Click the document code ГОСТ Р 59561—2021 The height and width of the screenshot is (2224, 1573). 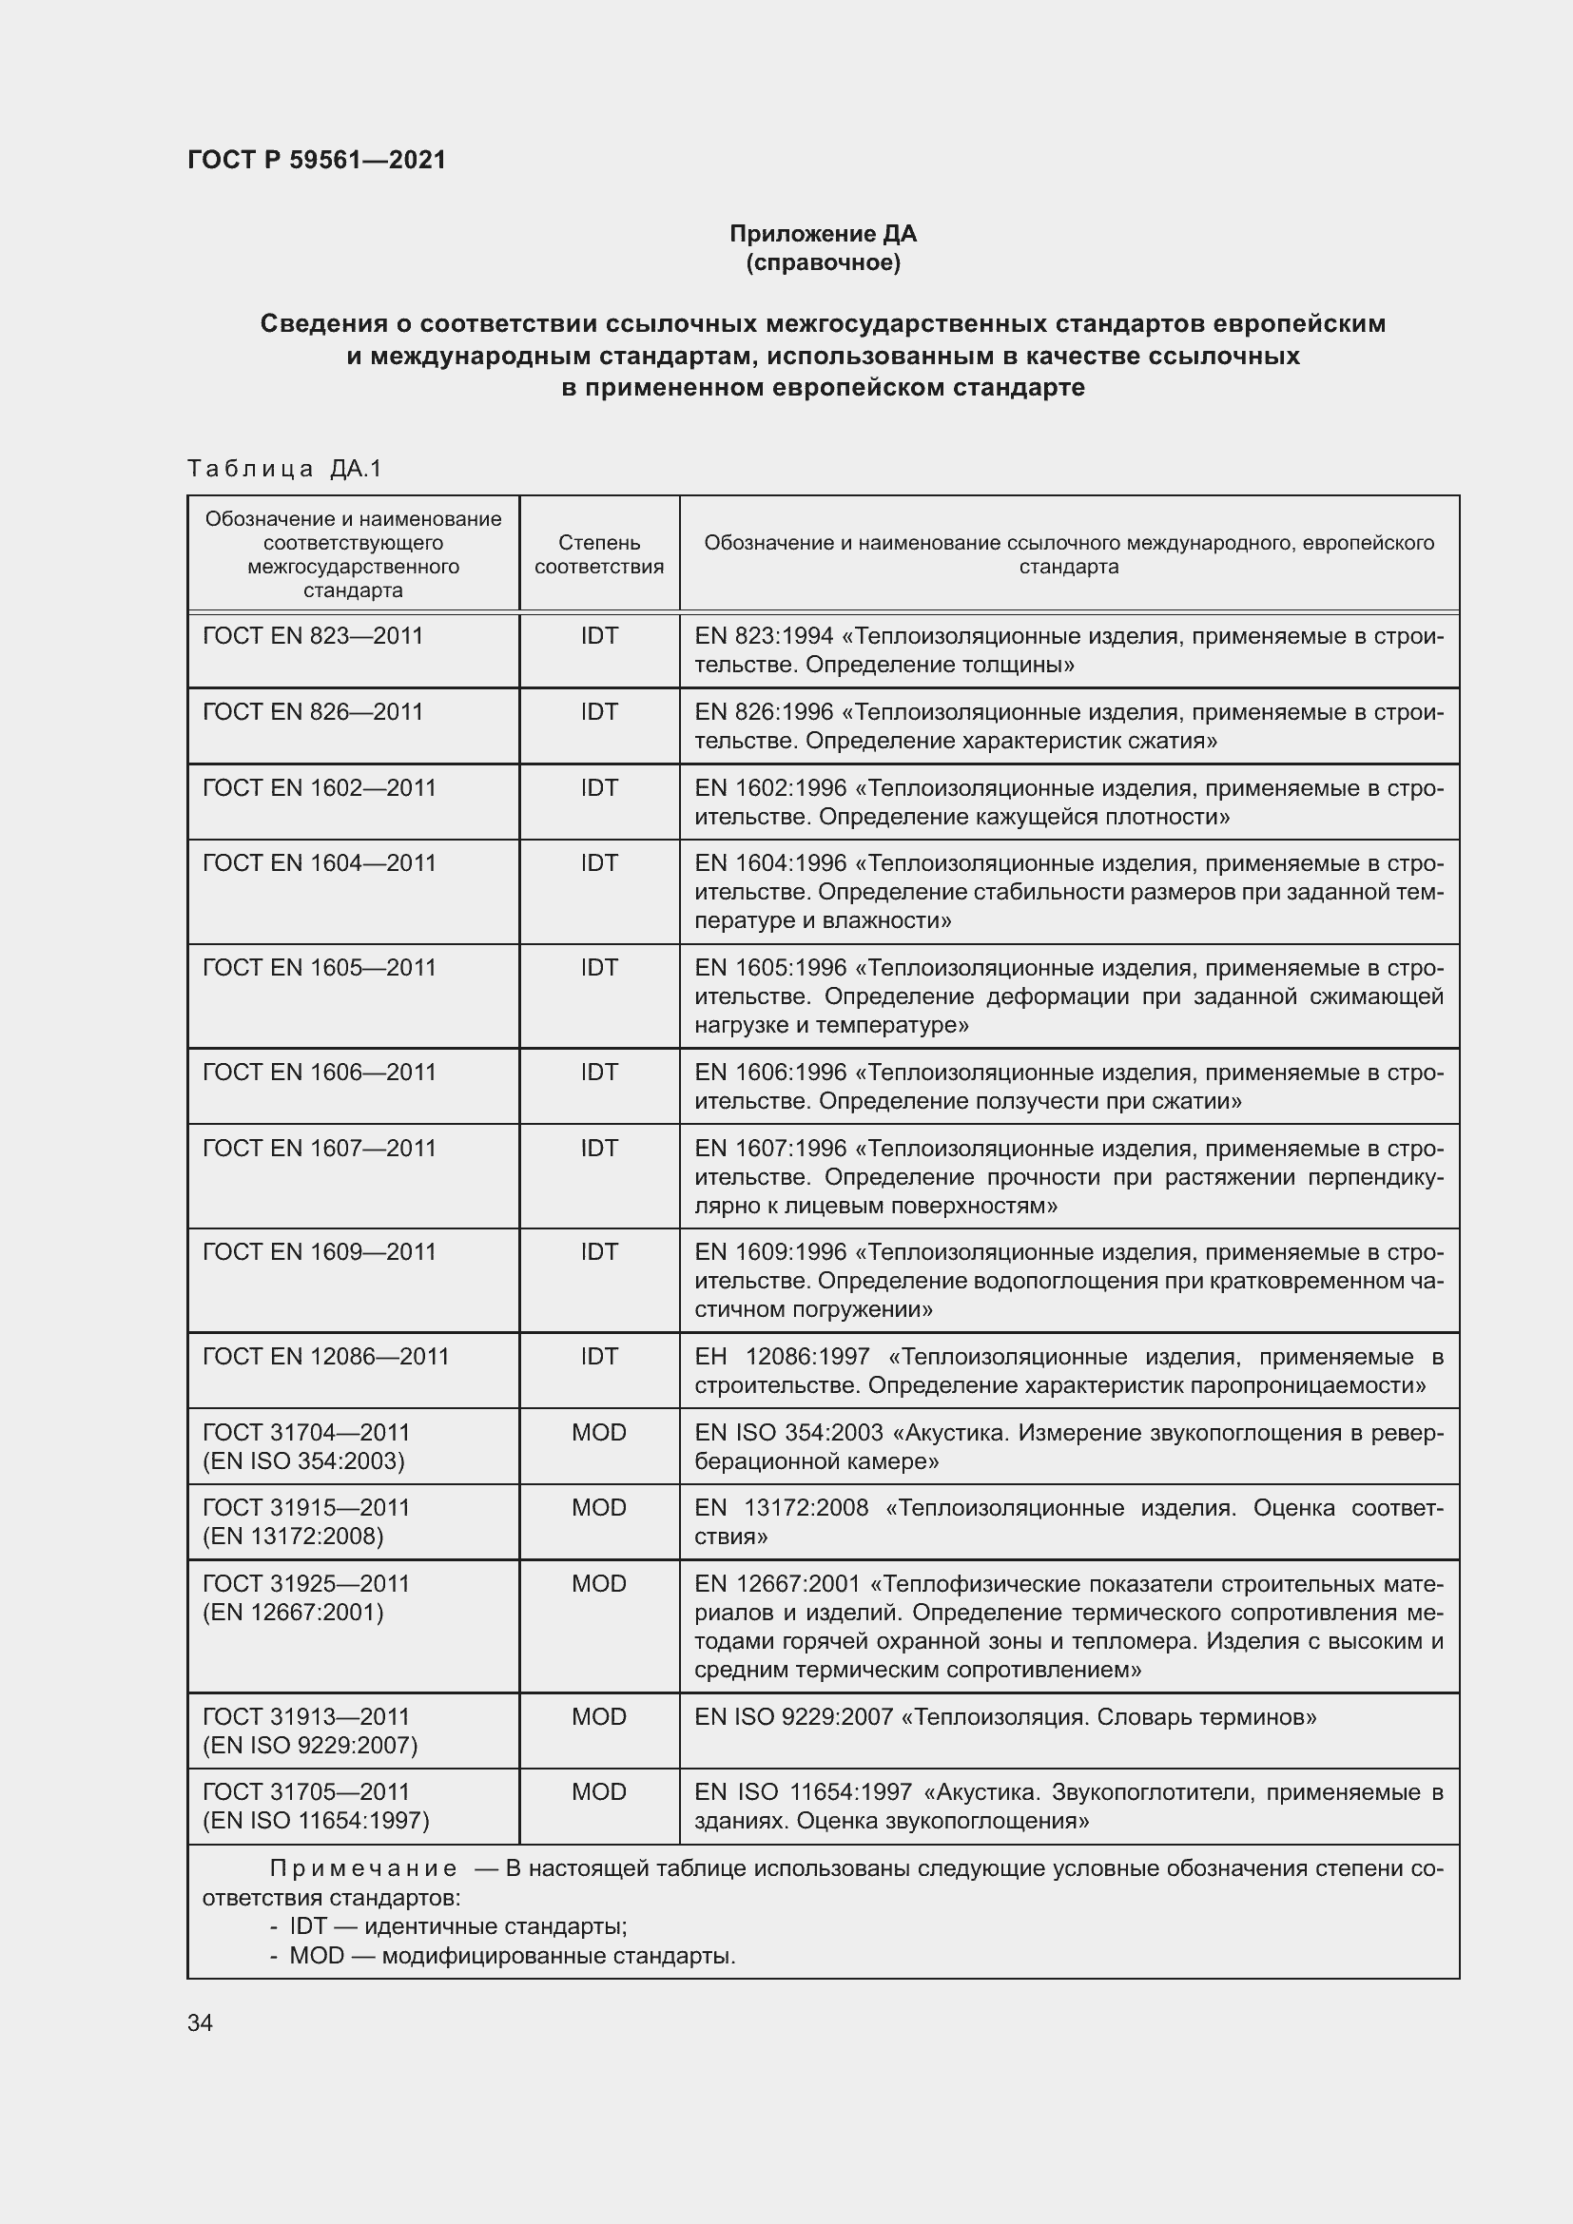317,160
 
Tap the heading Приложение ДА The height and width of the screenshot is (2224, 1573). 823,234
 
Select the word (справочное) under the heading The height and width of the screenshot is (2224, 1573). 823,262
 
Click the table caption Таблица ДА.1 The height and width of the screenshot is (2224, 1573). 284,469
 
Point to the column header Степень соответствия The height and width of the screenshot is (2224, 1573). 598,554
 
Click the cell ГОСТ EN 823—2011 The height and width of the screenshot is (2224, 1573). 313,635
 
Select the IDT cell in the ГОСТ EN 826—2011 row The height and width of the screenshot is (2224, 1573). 598,711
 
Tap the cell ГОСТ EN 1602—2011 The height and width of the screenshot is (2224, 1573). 320,786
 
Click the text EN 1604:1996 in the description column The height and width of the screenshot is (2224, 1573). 770,862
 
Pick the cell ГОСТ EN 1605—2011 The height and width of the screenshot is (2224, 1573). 320,967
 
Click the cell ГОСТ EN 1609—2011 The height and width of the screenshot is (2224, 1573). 320,1251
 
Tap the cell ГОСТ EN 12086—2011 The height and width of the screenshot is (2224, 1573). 325,1356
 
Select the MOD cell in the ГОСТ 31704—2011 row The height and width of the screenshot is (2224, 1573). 598,1432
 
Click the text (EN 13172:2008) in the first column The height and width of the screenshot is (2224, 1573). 293,1537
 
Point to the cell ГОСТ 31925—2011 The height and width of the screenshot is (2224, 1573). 306,1584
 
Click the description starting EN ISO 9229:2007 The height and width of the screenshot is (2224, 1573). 1004,1717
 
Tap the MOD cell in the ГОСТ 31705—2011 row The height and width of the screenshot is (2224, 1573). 598,1792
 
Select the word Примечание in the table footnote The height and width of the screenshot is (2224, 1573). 363,1868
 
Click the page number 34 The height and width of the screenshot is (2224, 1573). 201,2022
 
